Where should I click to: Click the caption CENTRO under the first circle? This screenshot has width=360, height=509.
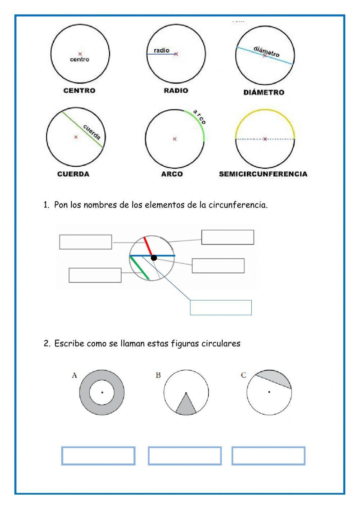pyautogui.click(x=79, y=90)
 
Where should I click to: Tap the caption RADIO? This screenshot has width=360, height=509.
pyautogui.click(x=176, y=90)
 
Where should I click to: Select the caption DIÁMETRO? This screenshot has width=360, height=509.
pyautogui.click(x=264, y=93)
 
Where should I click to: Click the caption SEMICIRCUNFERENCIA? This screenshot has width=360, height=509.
pyautogui.click(x=263, y=174)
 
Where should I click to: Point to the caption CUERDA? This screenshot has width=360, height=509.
pyautogui.click(x=73, y=174)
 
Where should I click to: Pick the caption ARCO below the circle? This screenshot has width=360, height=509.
pyautogui.click(x=172, y=174)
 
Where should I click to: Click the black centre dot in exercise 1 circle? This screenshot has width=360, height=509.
pyautogui.click(x=154, y=258)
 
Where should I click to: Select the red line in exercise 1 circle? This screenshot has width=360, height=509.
pyautogui.click(x=148, y=246)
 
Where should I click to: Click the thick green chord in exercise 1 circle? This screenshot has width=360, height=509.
pyautogui.click(x=139, y=268)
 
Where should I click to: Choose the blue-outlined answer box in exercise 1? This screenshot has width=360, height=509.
pyautogui.click(x=220, y=307)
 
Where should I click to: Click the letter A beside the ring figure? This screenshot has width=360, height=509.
pyautogui.click(x=75, y=375)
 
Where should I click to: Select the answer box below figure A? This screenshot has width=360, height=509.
pyautogui.click(x=98, y=456)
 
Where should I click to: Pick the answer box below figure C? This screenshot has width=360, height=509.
pyautogui.click(x=268, y=456)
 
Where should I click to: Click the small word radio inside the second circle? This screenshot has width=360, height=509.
pyautogui.click(x=161, y=50)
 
